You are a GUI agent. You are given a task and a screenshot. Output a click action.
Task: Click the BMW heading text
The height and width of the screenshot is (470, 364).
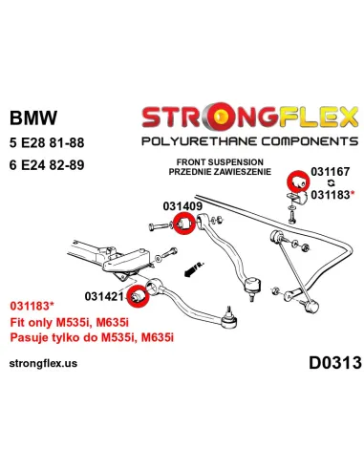[x=33, y=119]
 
